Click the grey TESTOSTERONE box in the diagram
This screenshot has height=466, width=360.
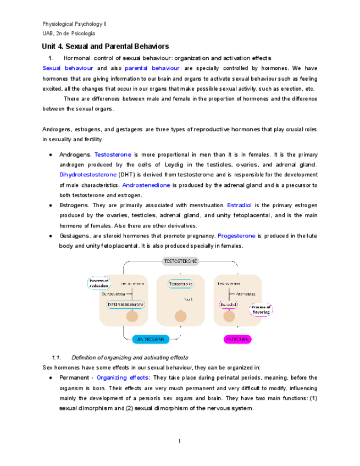[x=180, y=261]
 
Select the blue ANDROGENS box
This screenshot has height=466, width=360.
[x=146, y=339]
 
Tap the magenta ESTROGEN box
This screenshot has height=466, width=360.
[x=237, y=339]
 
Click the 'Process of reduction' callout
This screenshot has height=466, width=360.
[x=99, y=284]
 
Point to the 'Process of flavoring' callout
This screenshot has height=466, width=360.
[x=261, y=309]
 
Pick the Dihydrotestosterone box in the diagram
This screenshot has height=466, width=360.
[x=126, y=303]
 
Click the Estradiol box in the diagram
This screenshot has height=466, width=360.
[x=228, y=304]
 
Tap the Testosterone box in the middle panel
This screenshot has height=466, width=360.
[x=180, y=284]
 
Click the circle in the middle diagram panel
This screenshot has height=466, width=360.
[x=180, y=317]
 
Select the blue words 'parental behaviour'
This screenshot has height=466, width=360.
[x=152, y=68]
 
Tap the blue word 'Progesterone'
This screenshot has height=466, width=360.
[x=236, y=236]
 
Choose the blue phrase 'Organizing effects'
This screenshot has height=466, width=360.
[x=123, y=378]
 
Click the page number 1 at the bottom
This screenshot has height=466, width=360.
[x=180, y=441]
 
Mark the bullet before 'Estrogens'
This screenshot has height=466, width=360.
[x=51, y=206]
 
